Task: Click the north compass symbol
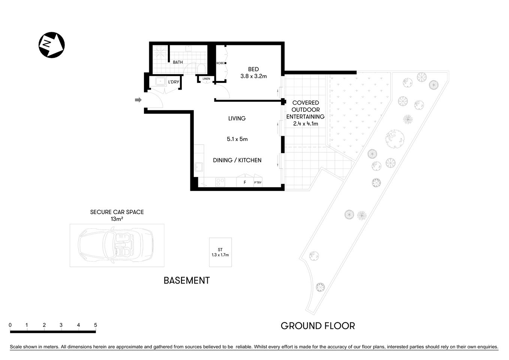(x=52, y=45)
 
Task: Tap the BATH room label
(x=178, y=62)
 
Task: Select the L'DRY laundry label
(x=173, y=82)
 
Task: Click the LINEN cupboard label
(x=206, y=79)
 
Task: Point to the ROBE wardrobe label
(x=220, y=63)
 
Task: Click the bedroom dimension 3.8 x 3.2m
(x=253, y=76)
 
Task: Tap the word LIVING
(x=237, y=118)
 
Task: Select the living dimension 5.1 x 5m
(x=237, y=139)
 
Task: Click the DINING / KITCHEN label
(x=237, y=160)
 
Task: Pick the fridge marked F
(x=245, y=182)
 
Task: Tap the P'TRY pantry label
(x=258, y=183)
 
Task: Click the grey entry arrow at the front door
(x=138, y=100)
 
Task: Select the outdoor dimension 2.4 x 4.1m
(x=305, y=124)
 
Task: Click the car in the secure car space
(x=115, y=246)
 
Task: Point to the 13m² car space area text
(x=117, y=219)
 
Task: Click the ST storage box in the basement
(x=220, y=252)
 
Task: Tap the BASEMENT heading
(x=187, y=280)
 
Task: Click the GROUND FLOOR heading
(x=317, y=326)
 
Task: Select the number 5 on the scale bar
(x=96, y=325)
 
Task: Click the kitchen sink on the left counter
(x=199, y=166)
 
